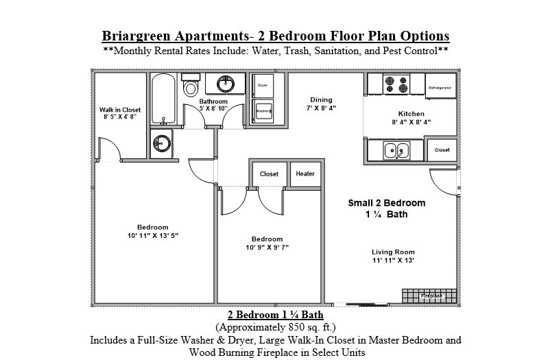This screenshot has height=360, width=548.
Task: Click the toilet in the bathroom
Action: click(191, 86)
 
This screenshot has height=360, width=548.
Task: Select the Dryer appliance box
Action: click(262, 86)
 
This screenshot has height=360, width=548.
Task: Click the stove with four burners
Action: click(396, 84)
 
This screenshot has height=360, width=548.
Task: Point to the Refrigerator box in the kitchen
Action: click(440, 88)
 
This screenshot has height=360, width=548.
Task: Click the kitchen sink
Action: click(396, 149)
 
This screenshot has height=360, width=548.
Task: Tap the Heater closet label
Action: click(305, 174)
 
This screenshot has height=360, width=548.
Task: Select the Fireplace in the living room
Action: click(427, 296)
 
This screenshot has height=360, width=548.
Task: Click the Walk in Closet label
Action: click(119, 110)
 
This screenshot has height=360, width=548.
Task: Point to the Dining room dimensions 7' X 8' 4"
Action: click(321, 108)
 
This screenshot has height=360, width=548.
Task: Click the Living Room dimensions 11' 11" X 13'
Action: click(393, 261)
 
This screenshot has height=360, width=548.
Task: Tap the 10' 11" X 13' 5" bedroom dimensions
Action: click(152, 236)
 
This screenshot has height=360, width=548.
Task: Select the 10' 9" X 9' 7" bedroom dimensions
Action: click(267, 248)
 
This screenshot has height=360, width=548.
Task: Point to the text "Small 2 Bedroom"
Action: click(386, 203)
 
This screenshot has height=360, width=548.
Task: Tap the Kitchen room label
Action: click(412, 114)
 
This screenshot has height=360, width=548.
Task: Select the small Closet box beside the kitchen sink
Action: click(442, 149)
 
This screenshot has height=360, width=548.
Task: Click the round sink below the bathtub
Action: click(162, 143)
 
